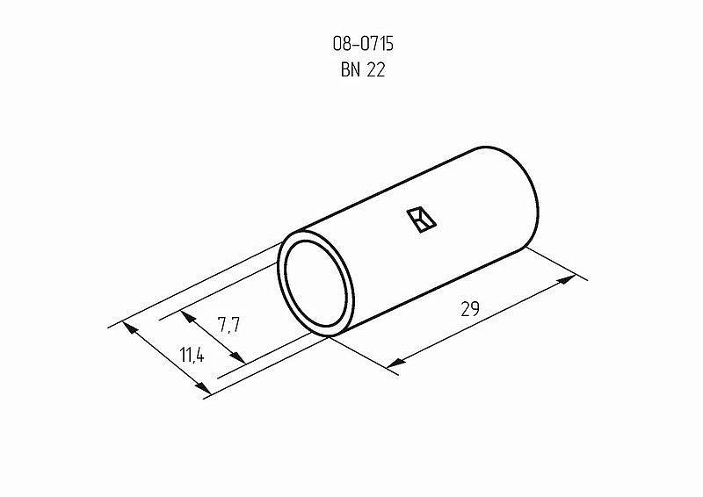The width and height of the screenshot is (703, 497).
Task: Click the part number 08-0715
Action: (x=363, y=44)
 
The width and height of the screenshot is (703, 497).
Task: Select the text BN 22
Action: (x=363, y=70)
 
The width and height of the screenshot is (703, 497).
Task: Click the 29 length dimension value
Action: (x=470, y=309)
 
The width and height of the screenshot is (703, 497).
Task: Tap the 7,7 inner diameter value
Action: (x=229, y=325)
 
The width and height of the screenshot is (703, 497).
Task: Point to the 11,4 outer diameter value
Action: (x=192, y=356)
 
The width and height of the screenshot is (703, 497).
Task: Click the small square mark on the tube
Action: (x=422, y=220)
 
